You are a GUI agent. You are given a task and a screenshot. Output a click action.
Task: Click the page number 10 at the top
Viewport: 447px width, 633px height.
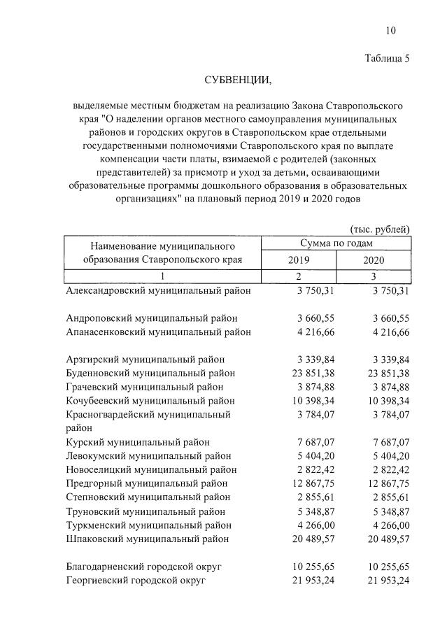pyautogui.click(x=390, y=30)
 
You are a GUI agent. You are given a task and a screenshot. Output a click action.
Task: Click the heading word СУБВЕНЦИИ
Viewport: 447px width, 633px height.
pyautogui.click(x=237, y=81)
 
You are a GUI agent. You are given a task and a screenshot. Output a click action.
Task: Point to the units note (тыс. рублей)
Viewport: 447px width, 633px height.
pyautogui.click(x=379, y=229)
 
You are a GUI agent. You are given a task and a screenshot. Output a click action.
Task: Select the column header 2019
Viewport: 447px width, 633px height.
pyautogui.click(x=299, y=259)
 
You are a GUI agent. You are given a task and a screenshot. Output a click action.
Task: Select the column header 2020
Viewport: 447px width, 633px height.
pyautogui.click(x=374, y=259)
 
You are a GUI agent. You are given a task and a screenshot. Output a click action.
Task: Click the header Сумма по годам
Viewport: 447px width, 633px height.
pyautogui.click(x=336, y=243)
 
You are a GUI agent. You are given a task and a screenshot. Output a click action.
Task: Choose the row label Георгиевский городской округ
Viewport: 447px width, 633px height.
pyautogui.click(x=136, y=581)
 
